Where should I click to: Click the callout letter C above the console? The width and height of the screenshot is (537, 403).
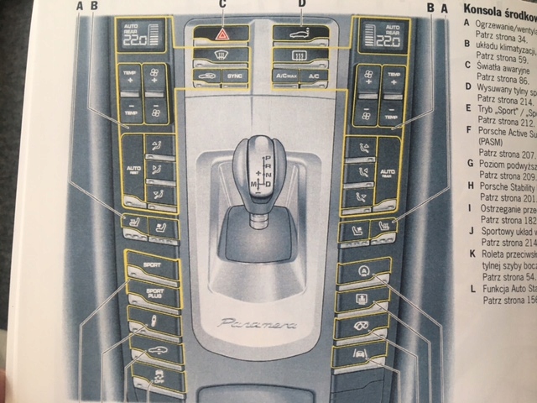click(222, 5)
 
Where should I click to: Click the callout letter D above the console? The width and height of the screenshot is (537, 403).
click(300, 5)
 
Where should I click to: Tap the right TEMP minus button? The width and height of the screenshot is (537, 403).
click(392, 109)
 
